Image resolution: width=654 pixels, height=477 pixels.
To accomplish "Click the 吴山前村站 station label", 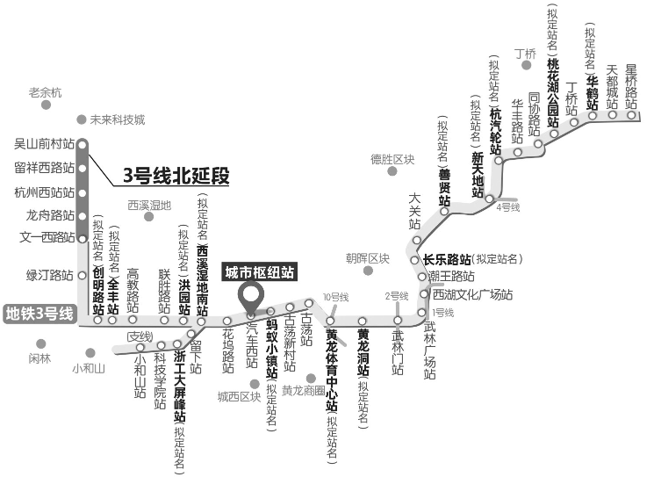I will click(x=44, y=142).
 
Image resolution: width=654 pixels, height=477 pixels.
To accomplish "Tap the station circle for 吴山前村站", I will click(x=82, y=143).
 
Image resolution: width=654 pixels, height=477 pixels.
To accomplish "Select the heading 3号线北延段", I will click(x=176, y=176).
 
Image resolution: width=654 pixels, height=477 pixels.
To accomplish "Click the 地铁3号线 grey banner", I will click(x=40, y=314).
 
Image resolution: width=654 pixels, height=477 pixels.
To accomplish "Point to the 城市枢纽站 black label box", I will click(x=260, y=271).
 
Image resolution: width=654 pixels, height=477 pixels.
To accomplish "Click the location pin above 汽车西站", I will click(x=251, y=296).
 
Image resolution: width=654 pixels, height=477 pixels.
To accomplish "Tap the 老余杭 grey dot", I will click(x=46, y=105).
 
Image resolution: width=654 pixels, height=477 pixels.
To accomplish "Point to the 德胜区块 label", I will click(x=392, y=159).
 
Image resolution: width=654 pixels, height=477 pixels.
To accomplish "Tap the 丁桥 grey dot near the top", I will click(x=527, y=65).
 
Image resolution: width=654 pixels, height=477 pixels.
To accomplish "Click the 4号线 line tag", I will click(x=508, y=207).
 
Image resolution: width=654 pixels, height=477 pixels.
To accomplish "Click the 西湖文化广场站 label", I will click(x=472, y=294).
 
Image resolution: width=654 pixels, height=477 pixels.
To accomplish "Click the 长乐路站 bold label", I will click(x=447, y=259).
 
